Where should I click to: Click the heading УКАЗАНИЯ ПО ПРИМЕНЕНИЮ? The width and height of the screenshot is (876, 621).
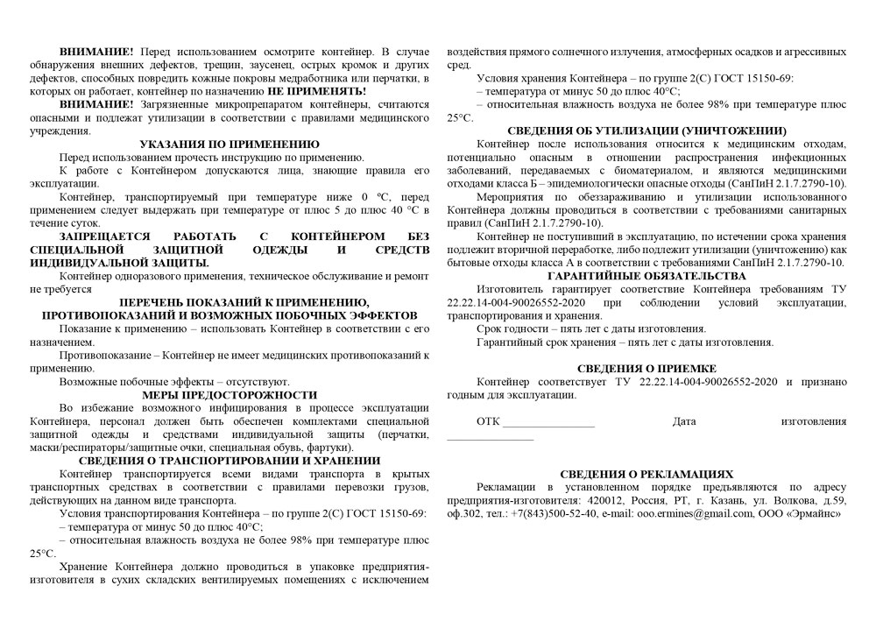pos(230,144)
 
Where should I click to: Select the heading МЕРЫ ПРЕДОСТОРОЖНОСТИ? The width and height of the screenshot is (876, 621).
pos(229,395)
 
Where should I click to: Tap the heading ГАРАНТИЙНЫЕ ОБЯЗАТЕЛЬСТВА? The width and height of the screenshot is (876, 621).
pos(646,275)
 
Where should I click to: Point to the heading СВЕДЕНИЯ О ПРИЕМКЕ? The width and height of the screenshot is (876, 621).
pos(646,369)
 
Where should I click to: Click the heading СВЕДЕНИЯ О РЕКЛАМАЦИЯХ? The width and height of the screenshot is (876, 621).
pos(646,474)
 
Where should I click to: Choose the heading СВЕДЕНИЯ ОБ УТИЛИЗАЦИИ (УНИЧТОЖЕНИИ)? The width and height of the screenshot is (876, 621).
pos(646,131)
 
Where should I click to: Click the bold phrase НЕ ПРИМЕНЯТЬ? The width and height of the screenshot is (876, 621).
pos(317,91)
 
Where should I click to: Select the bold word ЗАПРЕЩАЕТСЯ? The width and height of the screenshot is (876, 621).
pos(98,236)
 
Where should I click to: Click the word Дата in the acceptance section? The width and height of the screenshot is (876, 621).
pos(684,421)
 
